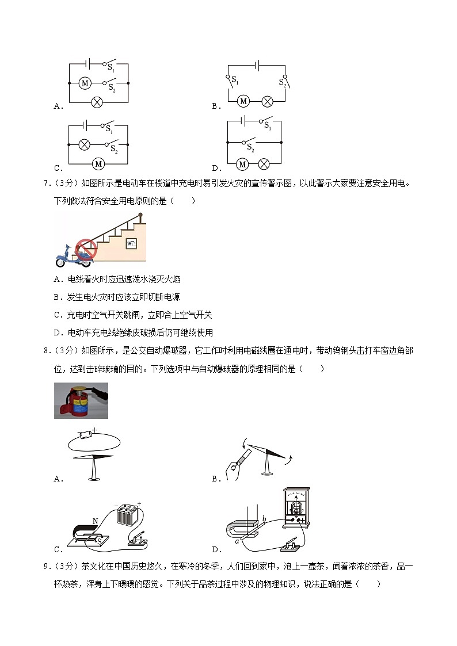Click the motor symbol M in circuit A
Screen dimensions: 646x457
(x=85, y=83)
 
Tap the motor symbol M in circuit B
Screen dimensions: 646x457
(x=243, y=101)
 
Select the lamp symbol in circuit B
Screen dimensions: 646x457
(x=267, y=101)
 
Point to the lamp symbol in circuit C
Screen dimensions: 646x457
(x=85, y=144)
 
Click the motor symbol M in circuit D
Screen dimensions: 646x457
(x=242, y=165)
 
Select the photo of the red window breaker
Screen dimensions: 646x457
(x=81, y=400)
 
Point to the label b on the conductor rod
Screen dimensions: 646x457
(x=264, y=519)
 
